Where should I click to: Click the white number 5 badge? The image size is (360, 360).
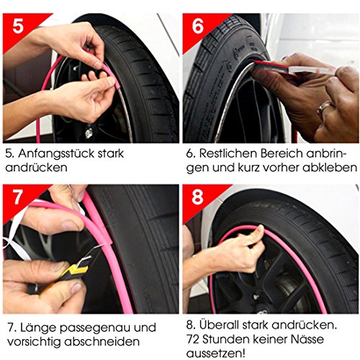tap(18, 26)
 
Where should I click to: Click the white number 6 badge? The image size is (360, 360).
tap(198, 26)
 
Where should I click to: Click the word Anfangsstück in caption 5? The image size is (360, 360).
tap(56, 154)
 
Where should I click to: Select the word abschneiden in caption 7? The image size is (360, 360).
tap(102, 341)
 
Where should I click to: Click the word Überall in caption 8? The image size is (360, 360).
tap(219, 325)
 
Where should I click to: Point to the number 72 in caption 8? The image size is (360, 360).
tap(193, 339)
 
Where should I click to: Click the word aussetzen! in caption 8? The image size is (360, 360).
tap(216, 354)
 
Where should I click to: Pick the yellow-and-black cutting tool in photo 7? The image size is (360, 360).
tap(63, 276)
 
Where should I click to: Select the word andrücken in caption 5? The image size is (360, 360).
tap(36, 167)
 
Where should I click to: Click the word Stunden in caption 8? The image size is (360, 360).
tap(224, 339)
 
